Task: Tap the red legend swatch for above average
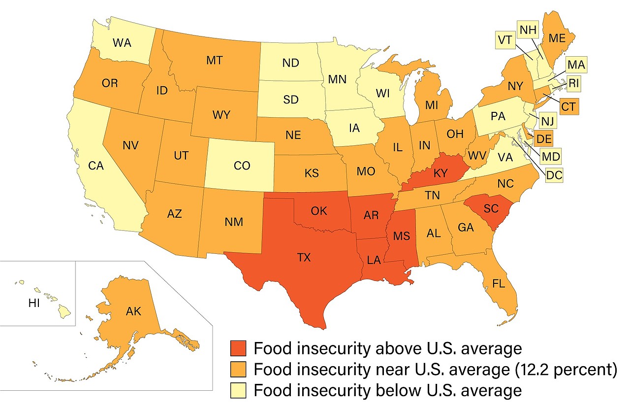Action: (x=239, y=348)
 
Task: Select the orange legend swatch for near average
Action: (x=239, y=370)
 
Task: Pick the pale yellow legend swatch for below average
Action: (x=239, y=390)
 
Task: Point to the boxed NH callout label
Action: (x=528, y=30)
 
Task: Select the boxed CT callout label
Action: (x=568, y=106)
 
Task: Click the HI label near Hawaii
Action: (x=34, y=304)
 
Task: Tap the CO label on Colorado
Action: (x=242, y=166)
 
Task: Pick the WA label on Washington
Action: (x=122, y=42)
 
